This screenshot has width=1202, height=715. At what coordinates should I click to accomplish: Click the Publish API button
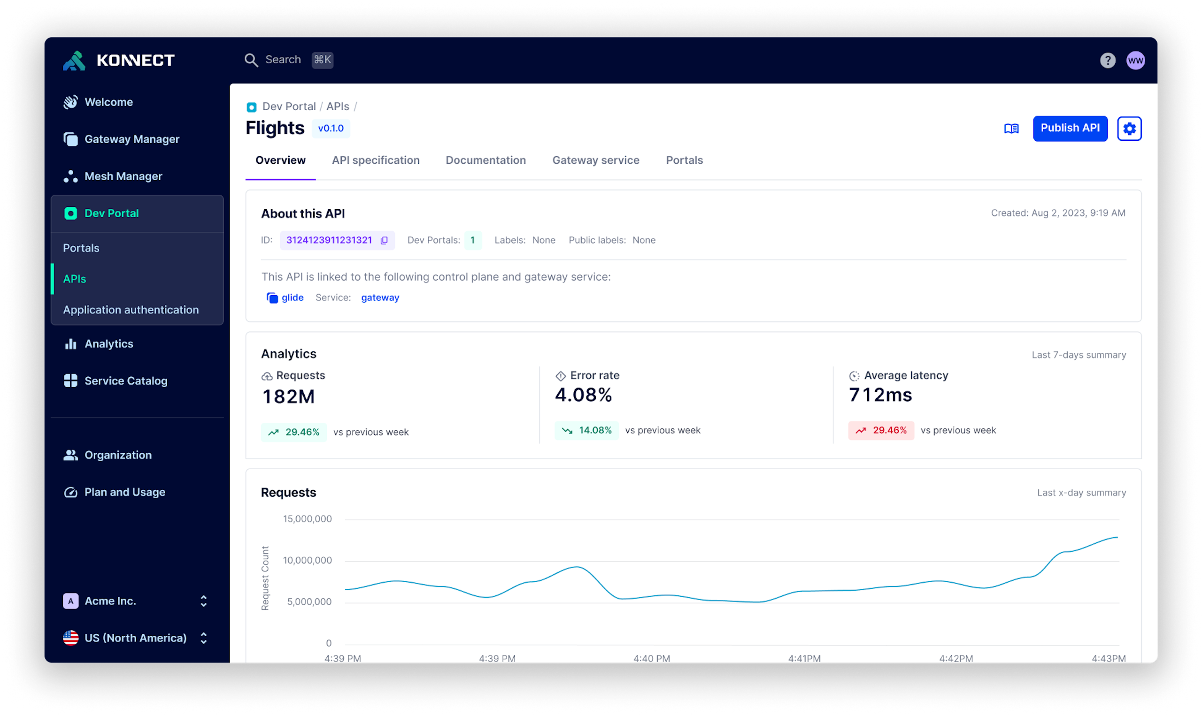click(1070, 128)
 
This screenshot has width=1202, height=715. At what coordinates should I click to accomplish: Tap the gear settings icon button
click(1129, 129)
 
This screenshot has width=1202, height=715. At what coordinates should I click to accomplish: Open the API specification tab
click(376, 160)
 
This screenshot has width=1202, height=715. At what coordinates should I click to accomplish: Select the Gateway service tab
click(595, 160)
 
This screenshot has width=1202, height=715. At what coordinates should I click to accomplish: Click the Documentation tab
click(485, 160)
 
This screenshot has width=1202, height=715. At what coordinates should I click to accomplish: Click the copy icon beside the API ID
click(384, 240)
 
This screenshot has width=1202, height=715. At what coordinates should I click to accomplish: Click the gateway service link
click(380, 298)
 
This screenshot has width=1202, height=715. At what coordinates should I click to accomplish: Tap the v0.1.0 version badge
click(331, 129)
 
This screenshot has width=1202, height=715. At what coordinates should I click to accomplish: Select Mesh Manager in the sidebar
click(123, 176)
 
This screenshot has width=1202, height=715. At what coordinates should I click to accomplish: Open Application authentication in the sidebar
click(131, 310)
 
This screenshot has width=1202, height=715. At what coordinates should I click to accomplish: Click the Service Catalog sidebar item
click(126, 380)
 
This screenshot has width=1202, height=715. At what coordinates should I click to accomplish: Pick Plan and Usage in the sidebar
click(124, 492)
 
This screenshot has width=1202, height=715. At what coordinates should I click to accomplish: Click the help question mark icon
click(1107, 61)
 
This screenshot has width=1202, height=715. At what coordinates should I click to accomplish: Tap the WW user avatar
click(1135, 61)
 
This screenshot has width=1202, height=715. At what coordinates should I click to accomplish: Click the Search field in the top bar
click(283, 60)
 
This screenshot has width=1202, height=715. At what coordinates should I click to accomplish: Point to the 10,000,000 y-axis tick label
click(307, 560)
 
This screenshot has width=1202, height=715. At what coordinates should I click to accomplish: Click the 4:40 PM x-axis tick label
click(651, 658)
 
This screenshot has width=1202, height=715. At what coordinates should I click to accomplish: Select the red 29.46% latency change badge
click(881, 430)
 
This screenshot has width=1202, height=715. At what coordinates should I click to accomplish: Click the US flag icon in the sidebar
click(71, 638)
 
